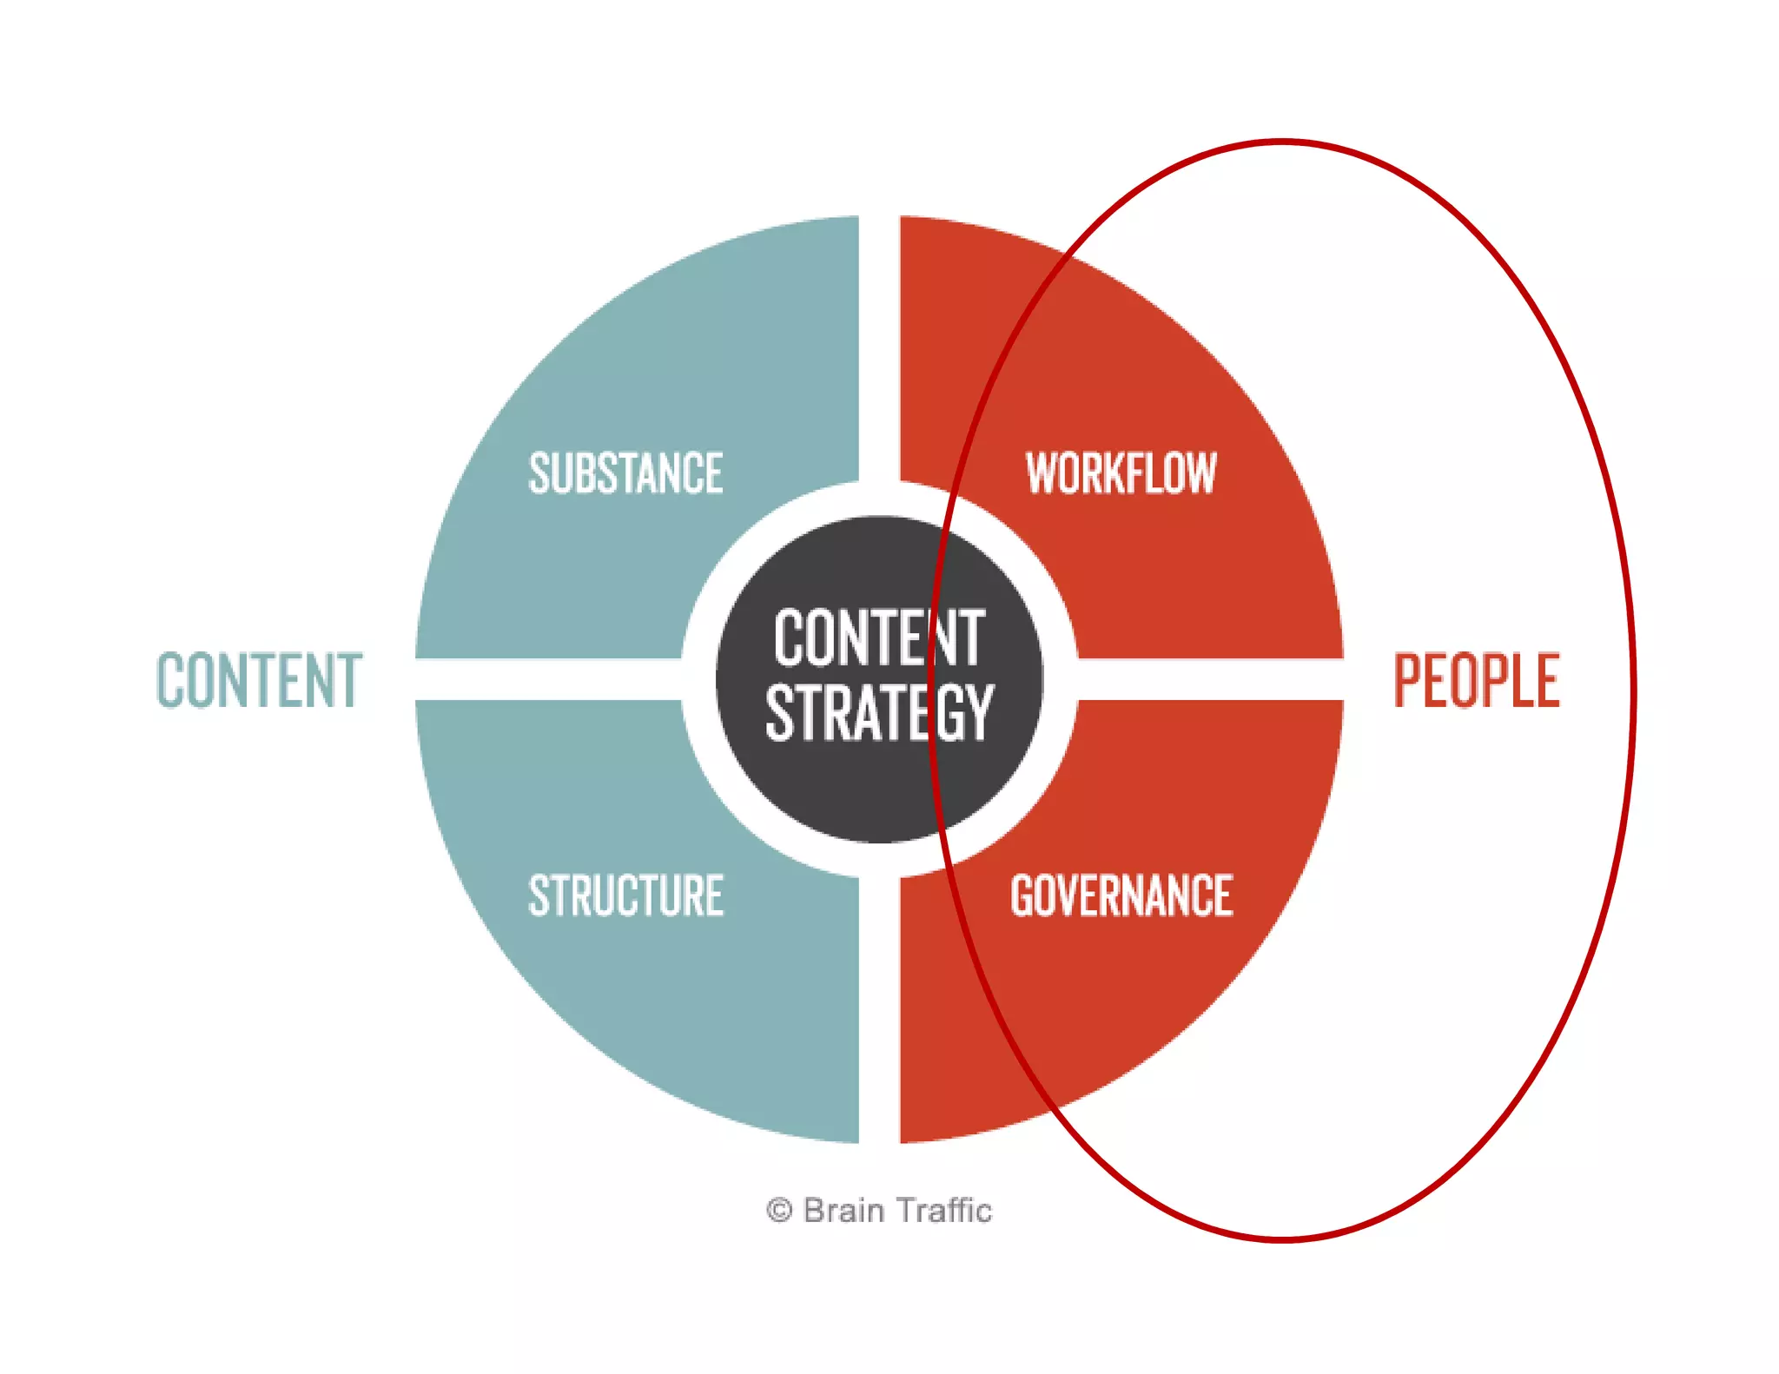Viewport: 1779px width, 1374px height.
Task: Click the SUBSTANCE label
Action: pyautogui.click(x=625, y=473)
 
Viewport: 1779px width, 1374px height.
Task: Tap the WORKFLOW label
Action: pyautogui.click(x=1121, y=473)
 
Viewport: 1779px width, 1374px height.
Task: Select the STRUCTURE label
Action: pyautogui.click(x=625, y=895)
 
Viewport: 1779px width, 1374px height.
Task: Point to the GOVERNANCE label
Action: pyautogui.click(x=1121, y=895)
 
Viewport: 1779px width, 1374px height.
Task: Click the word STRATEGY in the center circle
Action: pyautogui.click(x=879, y=713)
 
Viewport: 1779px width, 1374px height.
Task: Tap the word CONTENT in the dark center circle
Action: pyautogui.click(x=879, y=638)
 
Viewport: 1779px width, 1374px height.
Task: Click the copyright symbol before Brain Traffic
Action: pyautogui.click(x=779, y=1210)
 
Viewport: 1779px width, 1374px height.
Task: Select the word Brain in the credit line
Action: pyautogui.click(x=843, y=1210)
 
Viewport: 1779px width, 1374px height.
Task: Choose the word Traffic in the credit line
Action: pyautogui.click(x=946, y=1210)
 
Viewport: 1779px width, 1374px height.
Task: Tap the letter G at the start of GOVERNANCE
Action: pyautogui.click(x=1022, y=895)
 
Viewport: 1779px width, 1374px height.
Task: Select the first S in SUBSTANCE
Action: pyautogui.click(x=539, y=473)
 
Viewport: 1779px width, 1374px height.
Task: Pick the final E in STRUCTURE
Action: pyautogui.click(x=714, y=895)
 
